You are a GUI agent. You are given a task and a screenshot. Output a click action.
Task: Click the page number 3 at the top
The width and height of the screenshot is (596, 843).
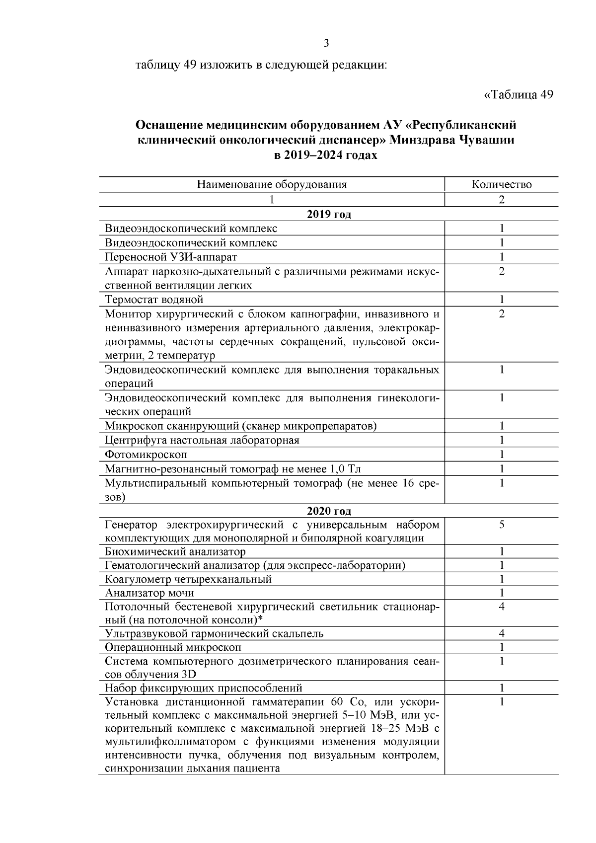point(326,43)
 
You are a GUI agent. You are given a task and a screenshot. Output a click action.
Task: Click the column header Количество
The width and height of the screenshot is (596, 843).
point(502,184)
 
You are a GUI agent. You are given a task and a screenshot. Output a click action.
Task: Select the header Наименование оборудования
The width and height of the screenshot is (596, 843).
point(272,184)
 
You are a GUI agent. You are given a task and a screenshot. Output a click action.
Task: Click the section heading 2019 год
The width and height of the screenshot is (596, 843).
point(328,214)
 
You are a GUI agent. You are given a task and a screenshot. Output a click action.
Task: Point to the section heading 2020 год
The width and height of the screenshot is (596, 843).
point(328,511)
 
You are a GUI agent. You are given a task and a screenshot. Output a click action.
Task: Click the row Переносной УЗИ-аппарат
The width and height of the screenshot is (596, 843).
point(171,257)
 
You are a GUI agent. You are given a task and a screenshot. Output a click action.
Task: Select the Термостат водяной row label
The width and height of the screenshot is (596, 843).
point(154,299)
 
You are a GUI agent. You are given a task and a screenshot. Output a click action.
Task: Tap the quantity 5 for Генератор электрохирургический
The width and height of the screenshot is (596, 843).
point(502,525)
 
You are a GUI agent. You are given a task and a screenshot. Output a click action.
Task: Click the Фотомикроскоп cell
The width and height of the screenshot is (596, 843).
point(146,454)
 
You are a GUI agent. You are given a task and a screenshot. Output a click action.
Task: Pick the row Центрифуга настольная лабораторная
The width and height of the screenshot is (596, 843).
point(202,440)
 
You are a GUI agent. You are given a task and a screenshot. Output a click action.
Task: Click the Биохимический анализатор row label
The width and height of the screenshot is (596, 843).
point(175,551)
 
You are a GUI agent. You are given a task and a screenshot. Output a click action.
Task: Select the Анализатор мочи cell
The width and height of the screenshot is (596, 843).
point(149,593)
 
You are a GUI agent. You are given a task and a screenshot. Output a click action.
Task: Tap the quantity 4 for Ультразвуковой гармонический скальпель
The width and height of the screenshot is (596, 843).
point(502,633)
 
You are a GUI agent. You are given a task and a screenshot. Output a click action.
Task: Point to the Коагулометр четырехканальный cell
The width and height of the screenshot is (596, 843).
point(188,579)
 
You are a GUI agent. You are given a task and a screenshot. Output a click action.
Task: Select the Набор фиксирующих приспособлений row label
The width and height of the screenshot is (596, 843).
point(203,688)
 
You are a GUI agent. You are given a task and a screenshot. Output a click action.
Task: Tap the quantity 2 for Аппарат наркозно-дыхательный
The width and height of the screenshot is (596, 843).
point(502,271)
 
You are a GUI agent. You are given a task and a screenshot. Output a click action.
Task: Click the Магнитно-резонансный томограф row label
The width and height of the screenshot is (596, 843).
point(236,468)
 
